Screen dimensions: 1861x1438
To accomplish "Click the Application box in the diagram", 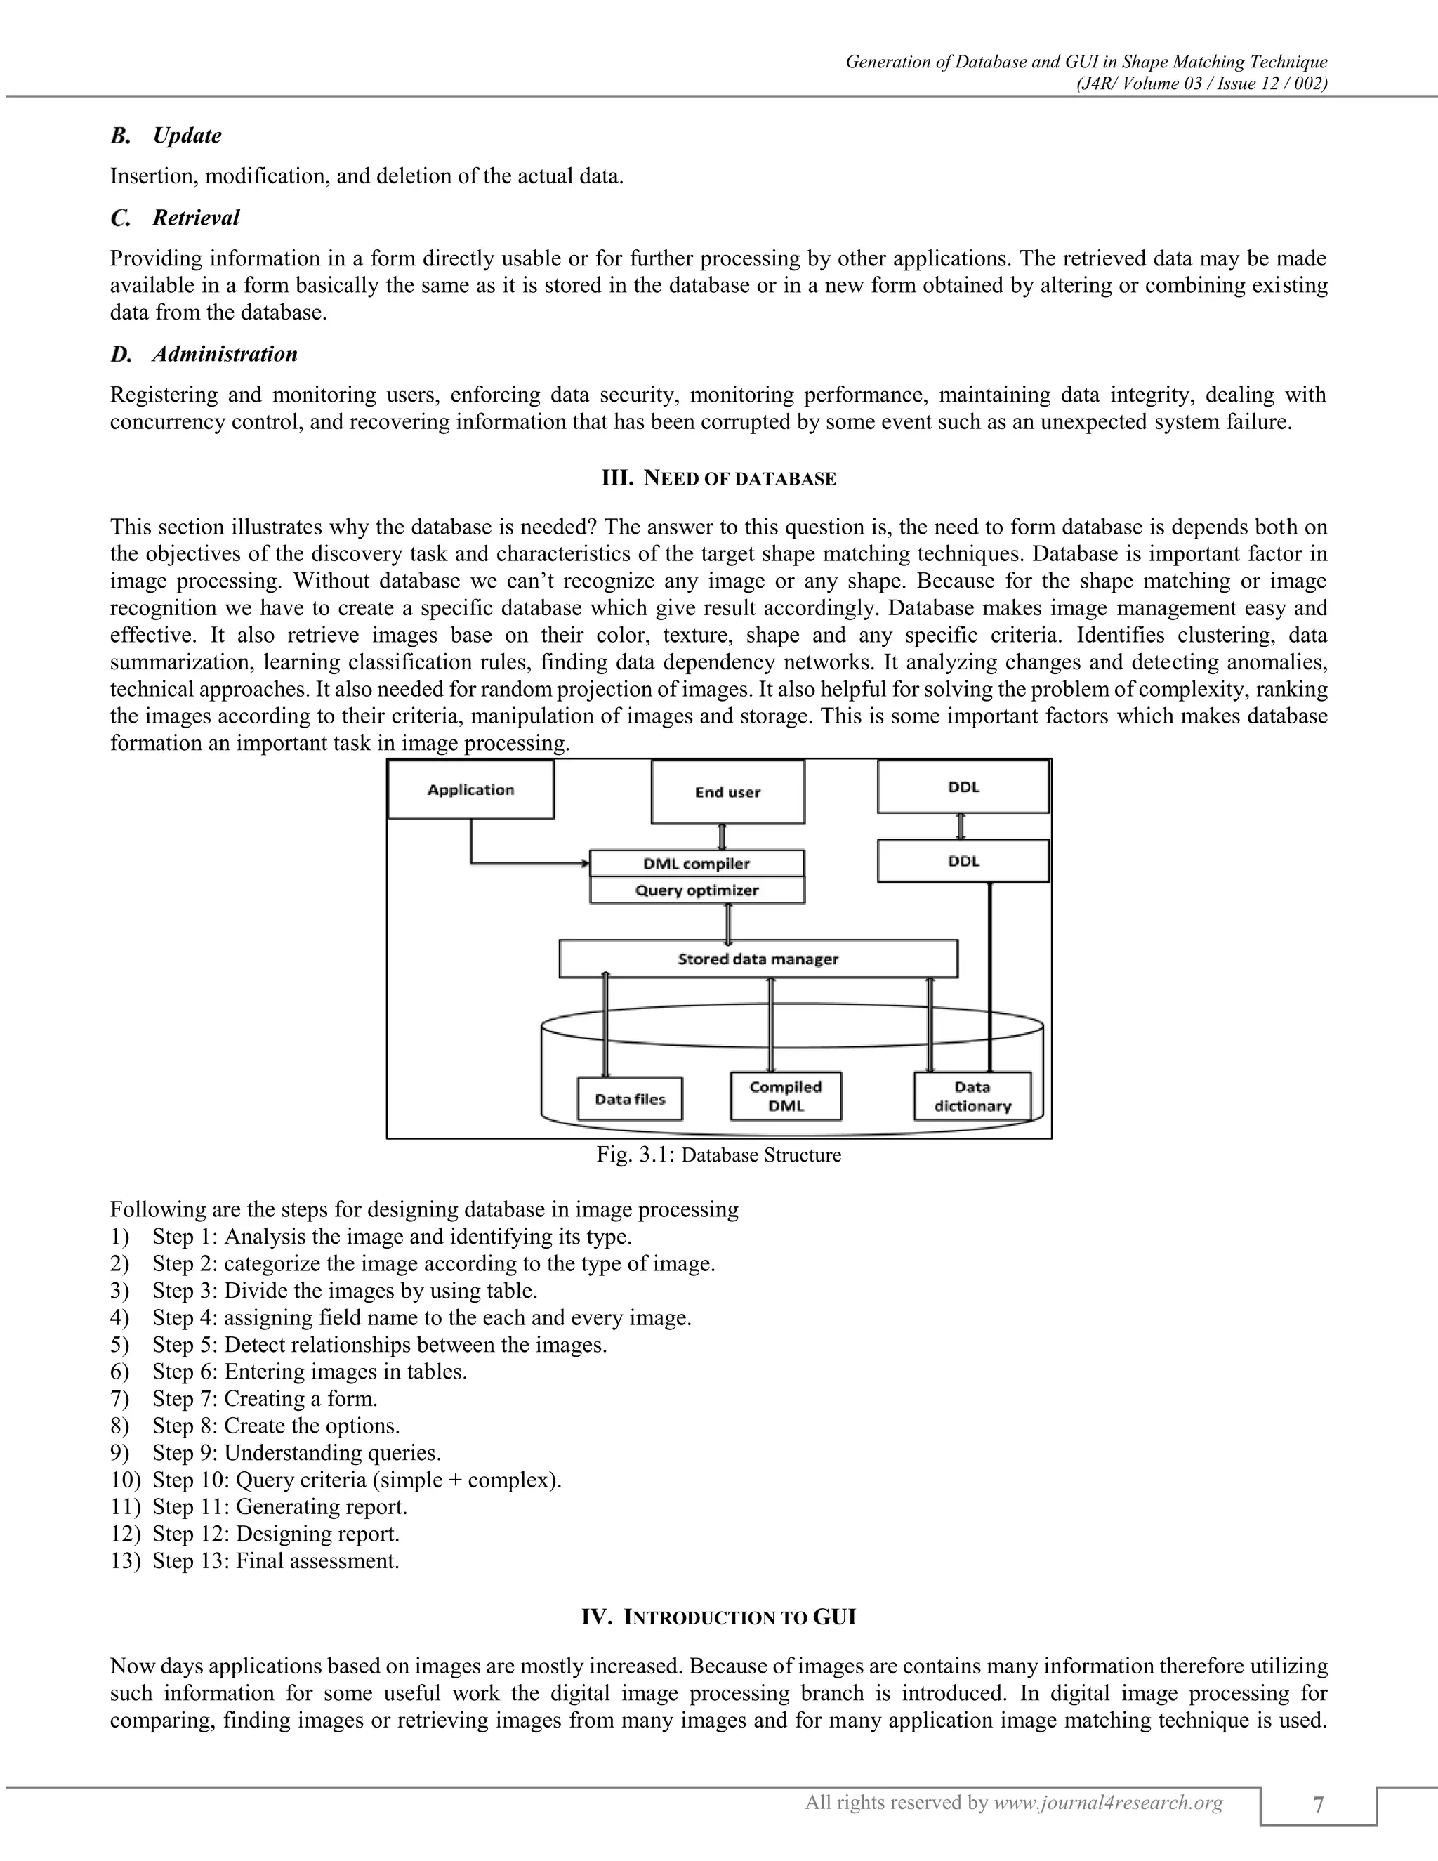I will click(470, 790).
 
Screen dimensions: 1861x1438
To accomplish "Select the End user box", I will click(727, 792).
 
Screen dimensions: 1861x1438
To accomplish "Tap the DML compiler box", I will click(697, 863).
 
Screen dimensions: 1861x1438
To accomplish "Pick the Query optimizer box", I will click(697, 890).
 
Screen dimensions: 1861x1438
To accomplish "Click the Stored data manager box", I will click(758, 959).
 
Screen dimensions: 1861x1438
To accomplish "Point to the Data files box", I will click(631, 1099).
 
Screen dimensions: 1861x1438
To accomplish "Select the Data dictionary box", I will click(972, 1097).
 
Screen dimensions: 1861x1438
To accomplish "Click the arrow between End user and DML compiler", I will click(723, 837).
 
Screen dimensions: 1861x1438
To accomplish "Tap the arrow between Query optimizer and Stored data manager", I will click(728, 922).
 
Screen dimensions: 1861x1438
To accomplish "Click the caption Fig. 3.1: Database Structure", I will click(718, 1155).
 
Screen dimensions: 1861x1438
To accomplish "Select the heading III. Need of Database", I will click(718, 479).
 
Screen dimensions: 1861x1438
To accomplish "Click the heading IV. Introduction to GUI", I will click(718, 1617).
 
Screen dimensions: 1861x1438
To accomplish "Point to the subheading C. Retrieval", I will click(176, 218).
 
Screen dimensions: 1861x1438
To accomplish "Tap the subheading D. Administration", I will click(204, 355).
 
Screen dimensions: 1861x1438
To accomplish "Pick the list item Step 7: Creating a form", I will click(264, 1399).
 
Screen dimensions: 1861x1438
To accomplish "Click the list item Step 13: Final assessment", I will click(275, 1561).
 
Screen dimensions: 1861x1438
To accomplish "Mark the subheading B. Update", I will click(167, 136).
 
